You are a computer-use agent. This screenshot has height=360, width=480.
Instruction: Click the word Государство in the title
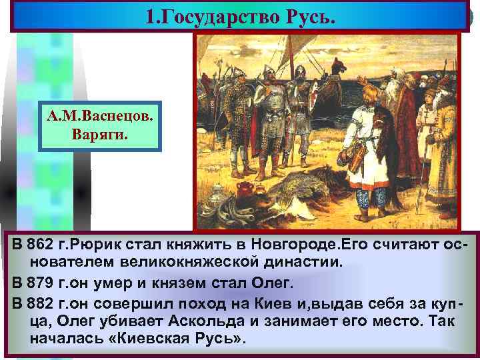click(222, 15)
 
